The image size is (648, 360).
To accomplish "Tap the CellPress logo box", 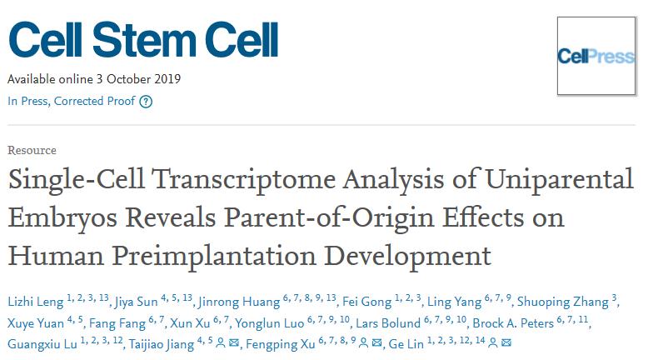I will click(x=596, y=57).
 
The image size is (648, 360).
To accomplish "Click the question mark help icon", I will click(x=146, y=102).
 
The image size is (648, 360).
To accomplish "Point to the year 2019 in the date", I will click(x=167, y=80).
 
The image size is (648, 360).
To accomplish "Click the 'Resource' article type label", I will click(x=32, y=151).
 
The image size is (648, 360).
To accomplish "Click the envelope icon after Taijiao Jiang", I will click(x=233, y=343).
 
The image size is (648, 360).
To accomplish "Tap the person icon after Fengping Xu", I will click(x=364, y=343).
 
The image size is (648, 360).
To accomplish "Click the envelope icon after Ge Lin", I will click(x=507, y=343).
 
